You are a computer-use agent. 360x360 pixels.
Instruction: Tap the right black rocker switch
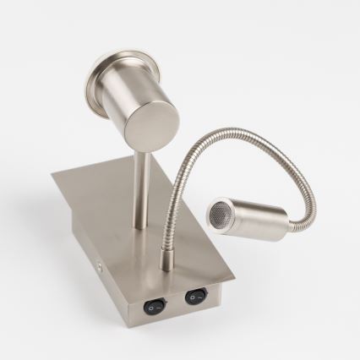click(x=196, y=297)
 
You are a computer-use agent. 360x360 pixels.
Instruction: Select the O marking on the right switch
click(x=190, y=299)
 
